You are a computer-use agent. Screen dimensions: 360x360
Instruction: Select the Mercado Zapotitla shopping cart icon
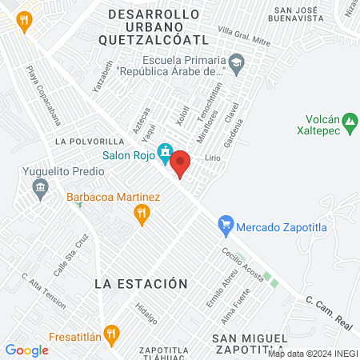(226, 226)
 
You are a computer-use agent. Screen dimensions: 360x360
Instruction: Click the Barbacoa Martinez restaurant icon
(142, 213)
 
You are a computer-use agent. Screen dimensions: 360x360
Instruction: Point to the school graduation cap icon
(236, 62)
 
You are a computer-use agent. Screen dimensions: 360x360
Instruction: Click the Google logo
(27, 350)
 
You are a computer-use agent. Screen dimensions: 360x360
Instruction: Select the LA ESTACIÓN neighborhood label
(140, 284)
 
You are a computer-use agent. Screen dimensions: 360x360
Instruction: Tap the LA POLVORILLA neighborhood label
(90, 141)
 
